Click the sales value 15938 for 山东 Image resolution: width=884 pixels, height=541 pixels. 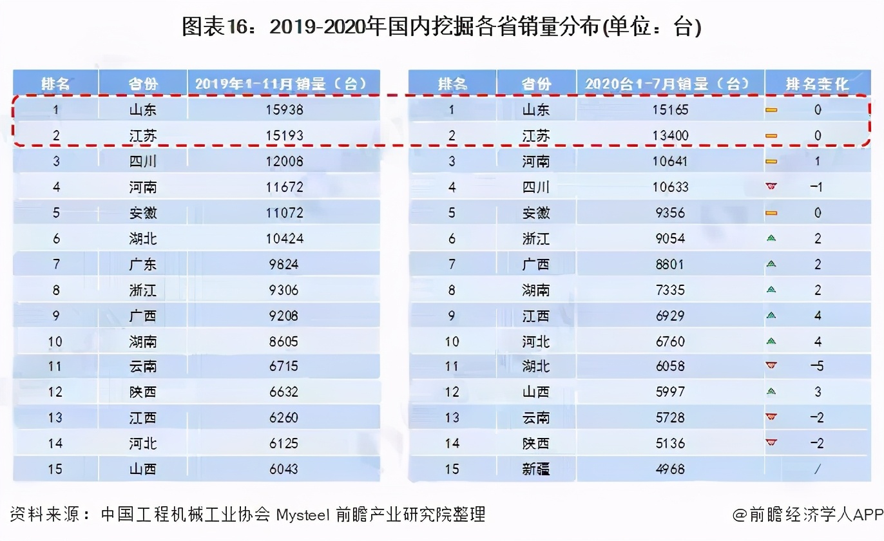tap(283, 109)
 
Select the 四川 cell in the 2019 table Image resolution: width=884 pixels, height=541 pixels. tap(142, 161)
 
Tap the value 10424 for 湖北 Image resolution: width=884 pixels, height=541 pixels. tap(283, 238)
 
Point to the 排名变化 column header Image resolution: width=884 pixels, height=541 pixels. tap(817, 84)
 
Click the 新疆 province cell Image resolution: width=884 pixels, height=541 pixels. tap(535, 469)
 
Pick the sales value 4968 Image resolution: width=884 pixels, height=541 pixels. tap(670, 469)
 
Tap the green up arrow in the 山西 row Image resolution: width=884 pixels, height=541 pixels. tap(771, 392)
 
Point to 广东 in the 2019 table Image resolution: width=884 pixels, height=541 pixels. tap(142, 264)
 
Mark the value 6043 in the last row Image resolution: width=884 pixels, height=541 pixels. tap(283, 469)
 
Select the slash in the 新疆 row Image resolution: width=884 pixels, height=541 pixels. tap(817, 469)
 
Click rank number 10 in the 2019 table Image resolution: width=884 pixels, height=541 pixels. tap(55, 341)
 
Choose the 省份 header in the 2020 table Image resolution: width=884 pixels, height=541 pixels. tap(535, 84)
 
